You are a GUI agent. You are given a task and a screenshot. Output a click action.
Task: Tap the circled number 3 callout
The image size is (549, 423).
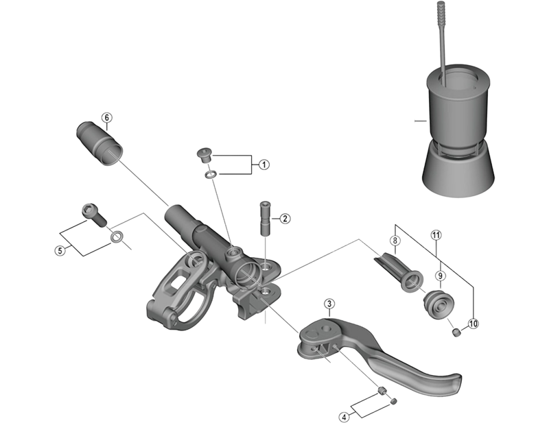click(330, 304)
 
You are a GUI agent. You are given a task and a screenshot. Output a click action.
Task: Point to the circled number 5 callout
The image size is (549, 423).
click(60, 250)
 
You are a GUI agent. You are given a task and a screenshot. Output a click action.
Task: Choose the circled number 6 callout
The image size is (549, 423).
click(106, 117)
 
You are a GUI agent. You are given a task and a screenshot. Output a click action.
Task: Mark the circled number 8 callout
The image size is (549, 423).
click(395, 241)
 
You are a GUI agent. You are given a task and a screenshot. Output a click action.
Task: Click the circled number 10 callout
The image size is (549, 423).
click(472, 324)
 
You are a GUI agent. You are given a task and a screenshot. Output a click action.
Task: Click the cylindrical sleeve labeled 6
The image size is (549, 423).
click(100, 143)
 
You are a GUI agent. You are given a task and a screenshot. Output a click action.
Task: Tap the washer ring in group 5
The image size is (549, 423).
click(117, 238)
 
